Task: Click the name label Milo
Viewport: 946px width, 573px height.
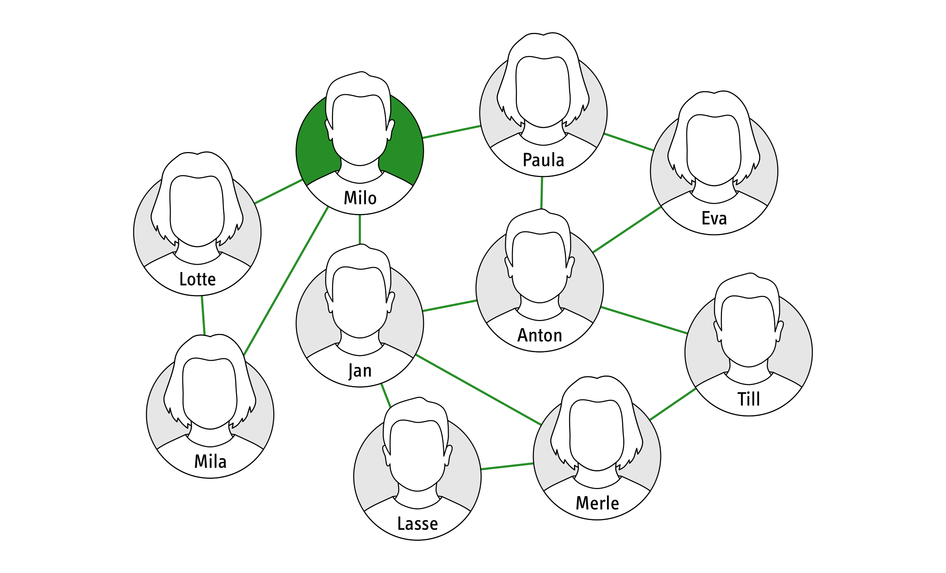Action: tap(360, 199)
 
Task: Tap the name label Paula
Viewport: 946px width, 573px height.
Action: tap(543, 160)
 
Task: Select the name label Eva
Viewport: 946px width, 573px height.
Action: tap(714, 218)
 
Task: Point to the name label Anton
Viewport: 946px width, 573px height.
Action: tap(540, 335)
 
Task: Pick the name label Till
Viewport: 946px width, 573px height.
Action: tap(748, 399)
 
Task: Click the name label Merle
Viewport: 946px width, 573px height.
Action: tap(597, 503)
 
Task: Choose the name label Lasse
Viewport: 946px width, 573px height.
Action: tap(417, 523)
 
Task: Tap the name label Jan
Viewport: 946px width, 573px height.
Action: tap(360, 371)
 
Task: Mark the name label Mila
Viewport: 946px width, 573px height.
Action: tap(210, 461)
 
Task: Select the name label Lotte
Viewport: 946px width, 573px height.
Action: tap(198, 279)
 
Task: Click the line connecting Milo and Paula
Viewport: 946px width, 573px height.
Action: tap(451, 132)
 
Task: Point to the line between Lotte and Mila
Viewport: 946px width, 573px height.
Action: tap(203, 315)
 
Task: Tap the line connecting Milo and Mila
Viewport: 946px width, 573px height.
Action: tap(286, 281)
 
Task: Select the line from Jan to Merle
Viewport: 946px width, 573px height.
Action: tap(478, 390)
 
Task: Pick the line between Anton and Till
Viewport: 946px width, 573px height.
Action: tap(644, 320)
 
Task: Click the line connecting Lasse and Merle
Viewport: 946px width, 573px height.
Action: tap(507, 466)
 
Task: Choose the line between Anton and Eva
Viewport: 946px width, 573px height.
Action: tap(627, 230)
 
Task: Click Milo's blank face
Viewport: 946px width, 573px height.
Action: tap(360, 129)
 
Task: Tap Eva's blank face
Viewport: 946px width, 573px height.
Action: tap(714, 149)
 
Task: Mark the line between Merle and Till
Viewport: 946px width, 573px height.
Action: tap(673, 404)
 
